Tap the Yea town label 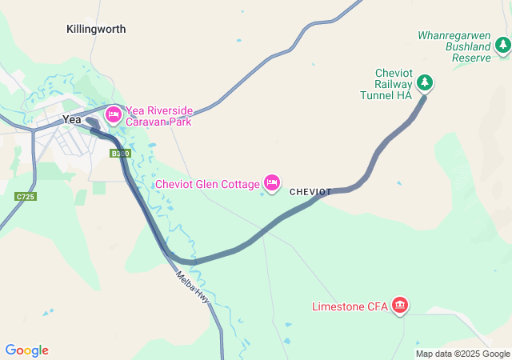[x=73, y=119]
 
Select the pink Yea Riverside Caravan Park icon [x=114, y=115]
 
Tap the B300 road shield [x=120, y=153]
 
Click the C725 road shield [x=25, y=196]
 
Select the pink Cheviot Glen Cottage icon [x=272, y=184]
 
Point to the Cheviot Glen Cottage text [x=207, y=184]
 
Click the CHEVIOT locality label [x=310, y=192]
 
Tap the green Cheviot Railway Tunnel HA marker [x=426, y=82]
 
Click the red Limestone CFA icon [x=400, y=306]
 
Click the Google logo [x=26, y=350]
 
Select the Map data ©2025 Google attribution [x=462, y=354]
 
